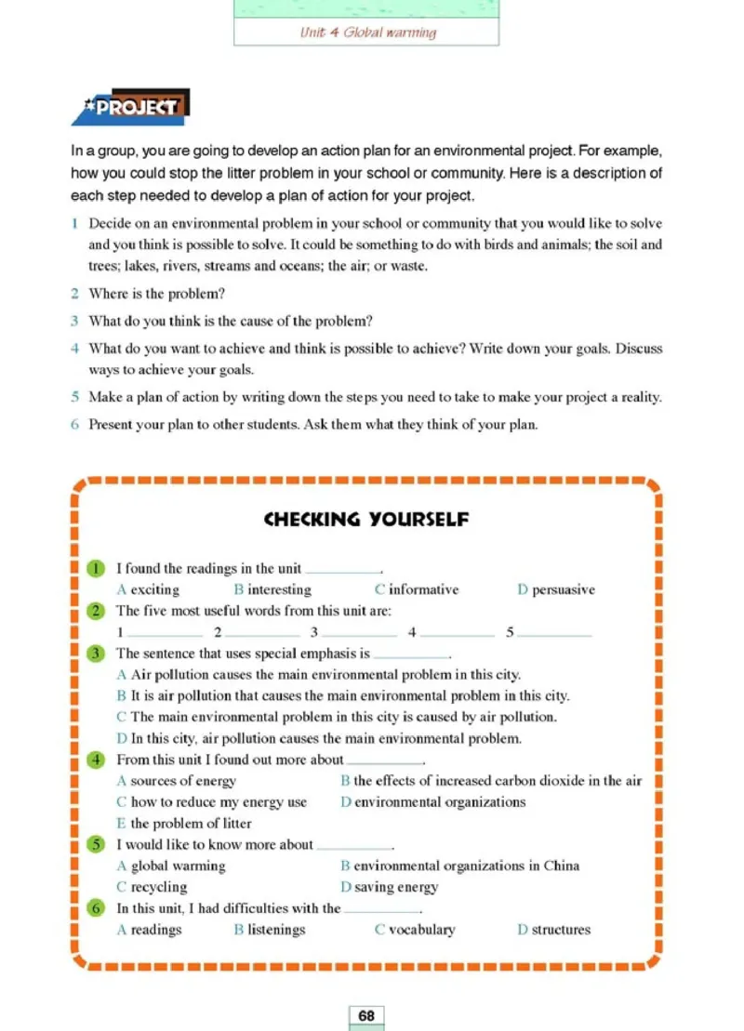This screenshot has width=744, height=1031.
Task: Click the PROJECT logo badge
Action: coord(132,108)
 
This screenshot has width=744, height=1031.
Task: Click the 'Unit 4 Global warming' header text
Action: coord(367,33)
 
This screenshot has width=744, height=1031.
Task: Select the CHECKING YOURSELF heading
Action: coord(366,519)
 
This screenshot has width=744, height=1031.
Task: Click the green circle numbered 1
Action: coord(97,569)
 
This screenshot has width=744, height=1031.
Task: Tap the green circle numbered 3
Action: coord(97,654)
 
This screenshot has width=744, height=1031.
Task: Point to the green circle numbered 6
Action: coord(97,908)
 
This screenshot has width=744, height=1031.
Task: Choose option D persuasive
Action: coord(556,589)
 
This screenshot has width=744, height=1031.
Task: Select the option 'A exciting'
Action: coord(149,589)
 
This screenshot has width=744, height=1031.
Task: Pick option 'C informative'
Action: coord(417,589)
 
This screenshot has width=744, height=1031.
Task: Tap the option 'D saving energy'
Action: coord(389,887)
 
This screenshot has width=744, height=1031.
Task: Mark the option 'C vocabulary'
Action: coord(415,929)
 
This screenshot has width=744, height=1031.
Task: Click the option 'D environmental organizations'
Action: coord(432,801)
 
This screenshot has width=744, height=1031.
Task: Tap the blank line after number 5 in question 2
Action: coord(554,633)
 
